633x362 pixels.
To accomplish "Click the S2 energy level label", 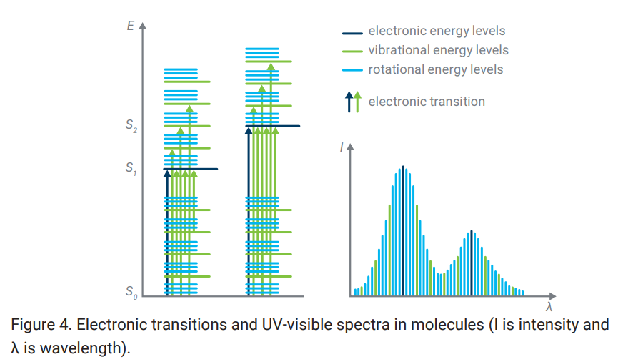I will coord(131,126).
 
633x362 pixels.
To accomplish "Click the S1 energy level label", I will coord(131,169).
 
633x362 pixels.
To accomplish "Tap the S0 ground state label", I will coord(131,292).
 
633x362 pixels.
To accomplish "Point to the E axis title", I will coord(130,26).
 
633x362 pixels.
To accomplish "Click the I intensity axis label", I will coord(342,148).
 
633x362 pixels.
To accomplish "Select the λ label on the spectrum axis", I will coord(549,308).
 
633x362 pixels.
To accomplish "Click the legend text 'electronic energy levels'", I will coord(436,31).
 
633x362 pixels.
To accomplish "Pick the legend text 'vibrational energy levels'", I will coord(438,50).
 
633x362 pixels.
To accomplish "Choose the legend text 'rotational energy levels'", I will coord(435,69).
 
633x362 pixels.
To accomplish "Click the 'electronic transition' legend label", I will coord(426,102).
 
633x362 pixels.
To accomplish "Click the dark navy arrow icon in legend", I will coord(349,102).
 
